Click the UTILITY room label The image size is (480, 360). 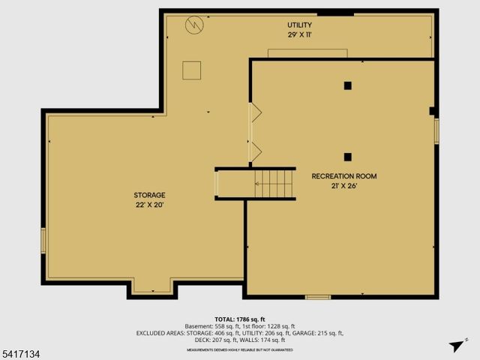point(298,25)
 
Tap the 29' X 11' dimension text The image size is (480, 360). point(298,35)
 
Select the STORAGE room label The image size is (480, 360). point(150,195)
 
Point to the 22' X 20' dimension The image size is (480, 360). point(150,205)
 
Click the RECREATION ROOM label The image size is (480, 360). point(344,176)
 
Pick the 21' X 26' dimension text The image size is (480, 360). point(344,186)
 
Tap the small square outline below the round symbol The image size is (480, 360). point(191,70)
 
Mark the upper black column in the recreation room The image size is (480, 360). point(348,85)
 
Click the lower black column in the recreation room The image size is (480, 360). point(348,157)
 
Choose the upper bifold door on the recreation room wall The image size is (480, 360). point(255,113)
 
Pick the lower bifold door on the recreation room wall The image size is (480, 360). point(255,151)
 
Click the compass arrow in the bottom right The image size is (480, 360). point(455,346)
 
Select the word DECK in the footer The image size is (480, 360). point(203,340)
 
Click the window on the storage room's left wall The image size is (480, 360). point(43,240)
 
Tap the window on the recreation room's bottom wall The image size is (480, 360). point(318,297)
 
